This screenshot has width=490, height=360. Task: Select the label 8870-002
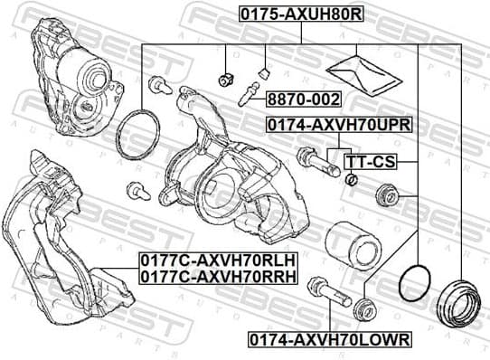pyautogui.click(x=290, y=99)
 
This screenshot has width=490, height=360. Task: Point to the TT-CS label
pyautogui.click(x=371, y=162)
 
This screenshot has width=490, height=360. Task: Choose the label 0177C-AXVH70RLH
pyautogui.click(x=218, y=259)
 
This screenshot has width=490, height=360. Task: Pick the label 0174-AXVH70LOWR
pyautogui.click(x=329, y=339)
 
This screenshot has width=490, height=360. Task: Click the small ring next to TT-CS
pyautogui.click(x=353, y=178)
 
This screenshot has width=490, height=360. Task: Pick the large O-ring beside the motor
pyautogui.click(x=140, y=133)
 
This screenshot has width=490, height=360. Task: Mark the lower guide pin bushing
pyautogui.click(x=364, y=308)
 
